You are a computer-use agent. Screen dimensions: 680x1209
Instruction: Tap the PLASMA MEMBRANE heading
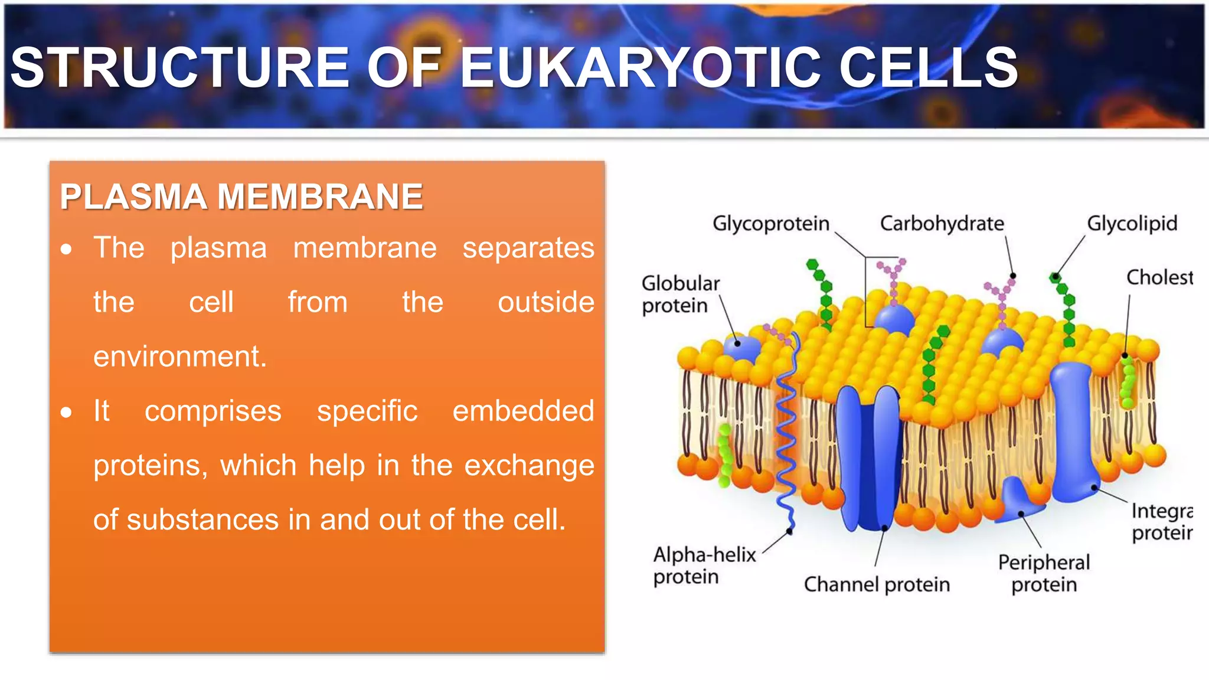pos(241,197)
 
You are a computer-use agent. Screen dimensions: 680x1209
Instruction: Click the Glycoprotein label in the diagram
pos(770,224)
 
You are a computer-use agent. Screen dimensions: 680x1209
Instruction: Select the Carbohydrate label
pos(942,224)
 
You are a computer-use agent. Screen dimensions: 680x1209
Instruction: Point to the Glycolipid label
pos(1132,224)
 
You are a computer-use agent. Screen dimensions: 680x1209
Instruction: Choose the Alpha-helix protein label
pos(704,565)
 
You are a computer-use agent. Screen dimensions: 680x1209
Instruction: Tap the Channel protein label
pos(877,584)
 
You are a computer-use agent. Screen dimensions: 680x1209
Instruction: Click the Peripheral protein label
pos(1044,573)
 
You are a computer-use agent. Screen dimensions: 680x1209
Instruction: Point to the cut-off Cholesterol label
pos(1159,277)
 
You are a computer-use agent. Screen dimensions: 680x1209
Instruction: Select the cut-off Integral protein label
pos(1161,522)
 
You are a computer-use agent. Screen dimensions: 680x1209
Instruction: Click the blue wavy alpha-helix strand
pos(787,437)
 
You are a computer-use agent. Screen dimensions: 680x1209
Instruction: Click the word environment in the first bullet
pos(180,357)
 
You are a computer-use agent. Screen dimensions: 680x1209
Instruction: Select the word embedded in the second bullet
pos(523,411)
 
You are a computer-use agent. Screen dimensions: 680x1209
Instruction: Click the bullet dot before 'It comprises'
pos(66,412)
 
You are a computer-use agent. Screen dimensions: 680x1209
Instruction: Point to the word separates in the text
pos(528,248)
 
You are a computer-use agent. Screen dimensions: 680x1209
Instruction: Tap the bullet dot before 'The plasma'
pos(66,249)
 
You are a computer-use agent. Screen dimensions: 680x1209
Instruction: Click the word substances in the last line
pos(202,520)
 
